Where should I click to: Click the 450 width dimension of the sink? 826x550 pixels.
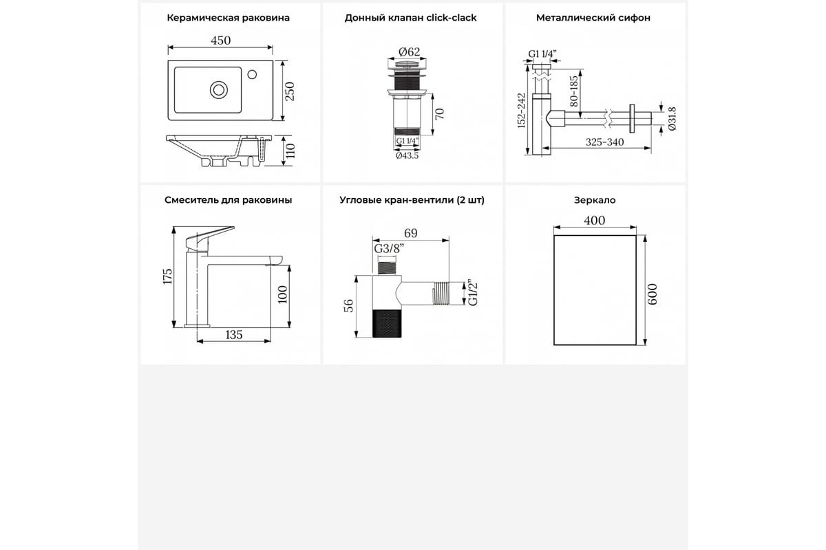point(220,40)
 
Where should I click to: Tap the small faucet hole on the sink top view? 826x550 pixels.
point(252,74)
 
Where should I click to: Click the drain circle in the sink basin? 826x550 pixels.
point(219,90)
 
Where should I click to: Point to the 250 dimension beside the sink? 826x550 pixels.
point(290,91)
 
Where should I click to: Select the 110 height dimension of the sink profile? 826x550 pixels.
point(290,151)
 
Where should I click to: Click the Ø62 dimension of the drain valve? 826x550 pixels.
point(410,52)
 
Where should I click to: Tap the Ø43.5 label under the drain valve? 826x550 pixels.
point(407,156)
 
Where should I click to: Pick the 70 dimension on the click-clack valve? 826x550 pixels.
point(440,114)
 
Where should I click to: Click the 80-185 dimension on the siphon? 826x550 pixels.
point(574,91)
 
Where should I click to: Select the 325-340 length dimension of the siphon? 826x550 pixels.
point(605,142)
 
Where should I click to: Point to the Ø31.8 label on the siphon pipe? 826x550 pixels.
point(672,119)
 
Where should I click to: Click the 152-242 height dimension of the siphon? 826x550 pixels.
point(521,111)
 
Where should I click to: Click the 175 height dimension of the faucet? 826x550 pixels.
point(167,276)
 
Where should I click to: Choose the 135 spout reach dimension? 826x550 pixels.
point(234,335)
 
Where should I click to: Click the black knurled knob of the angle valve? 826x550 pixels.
point(387,323)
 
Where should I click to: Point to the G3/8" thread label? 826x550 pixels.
point(389,249)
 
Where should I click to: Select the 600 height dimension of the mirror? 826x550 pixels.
point(653,294)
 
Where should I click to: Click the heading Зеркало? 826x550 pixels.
point(595,200)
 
